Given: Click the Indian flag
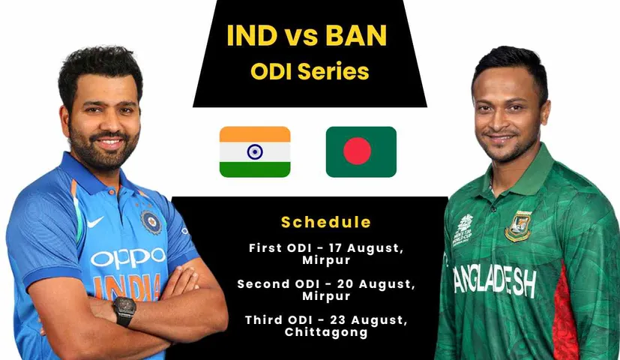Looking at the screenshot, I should pos(254,151).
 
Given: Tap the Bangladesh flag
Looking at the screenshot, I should pos(361,151).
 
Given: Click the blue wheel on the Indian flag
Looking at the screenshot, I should pos(254,151).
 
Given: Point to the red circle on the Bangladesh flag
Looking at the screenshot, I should pos(357,151).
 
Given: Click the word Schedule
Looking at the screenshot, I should pos(325,222).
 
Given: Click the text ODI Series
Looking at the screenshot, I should pos(310,71).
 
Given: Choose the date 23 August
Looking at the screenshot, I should pos(370,319).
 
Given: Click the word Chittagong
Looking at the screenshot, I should pos(326,331).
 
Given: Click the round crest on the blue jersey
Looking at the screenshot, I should pos(152,221).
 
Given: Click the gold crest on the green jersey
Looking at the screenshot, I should pos(517,226).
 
